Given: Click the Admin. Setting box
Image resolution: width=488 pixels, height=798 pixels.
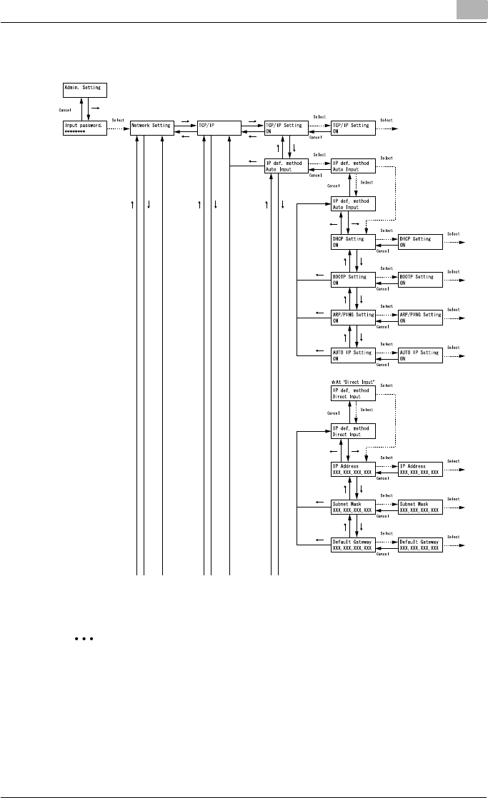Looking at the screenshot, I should coord(84,89).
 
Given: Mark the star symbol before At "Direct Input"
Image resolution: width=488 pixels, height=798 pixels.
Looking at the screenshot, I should coord(334,383).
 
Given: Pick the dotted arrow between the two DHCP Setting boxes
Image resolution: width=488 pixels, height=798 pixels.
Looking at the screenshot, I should coord(387,238).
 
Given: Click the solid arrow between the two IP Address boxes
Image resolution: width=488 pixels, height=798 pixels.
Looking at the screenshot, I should coord(387,473).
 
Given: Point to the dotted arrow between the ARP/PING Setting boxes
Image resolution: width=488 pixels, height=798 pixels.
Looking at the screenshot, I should coord(387,315).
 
